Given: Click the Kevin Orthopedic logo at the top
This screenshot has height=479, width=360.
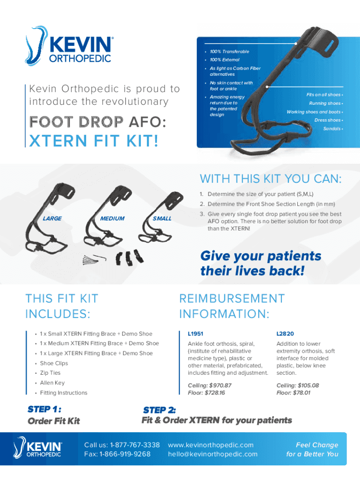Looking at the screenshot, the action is click(x=69, y=46).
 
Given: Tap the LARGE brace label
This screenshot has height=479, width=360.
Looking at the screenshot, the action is click(x=52, y=218).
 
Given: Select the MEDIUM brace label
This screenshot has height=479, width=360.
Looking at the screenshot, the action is click(x=112, y=218).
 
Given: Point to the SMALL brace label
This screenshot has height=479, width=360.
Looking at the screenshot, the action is click(x=162, y=218).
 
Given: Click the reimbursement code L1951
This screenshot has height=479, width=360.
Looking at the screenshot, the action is click(x=195, y=334).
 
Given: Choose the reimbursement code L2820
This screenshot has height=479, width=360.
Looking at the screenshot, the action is click(x=285, y=334).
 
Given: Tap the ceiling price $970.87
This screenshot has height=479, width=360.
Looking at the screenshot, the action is click(x=220, y=385).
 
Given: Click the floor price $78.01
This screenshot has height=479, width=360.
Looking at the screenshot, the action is click(x=302, y=393).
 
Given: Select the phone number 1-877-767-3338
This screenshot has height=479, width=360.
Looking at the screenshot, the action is click(x=135, y=445).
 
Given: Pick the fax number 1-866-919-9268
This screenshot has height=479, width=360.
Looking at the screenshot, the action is click(x=125, y=454).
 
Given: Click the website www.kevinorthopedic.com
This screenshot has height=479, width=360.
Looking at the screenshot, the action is click(x=211, y=445).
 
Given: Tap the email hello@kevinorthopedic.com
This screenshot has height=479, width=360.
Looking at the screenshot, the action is click(x=213, y=454).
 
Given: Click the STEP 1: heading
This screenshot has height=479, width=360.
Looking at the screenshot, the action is click(x=44, y=409).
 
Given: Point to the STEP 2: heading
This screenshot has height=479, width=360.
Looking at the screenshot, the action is click(x=159, y=410).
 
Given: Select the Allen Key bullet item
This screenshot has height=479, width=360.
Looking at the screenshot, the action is click(x=52, y=383).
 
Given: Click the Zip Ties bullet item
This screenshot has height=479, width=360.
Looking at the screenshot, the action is click(x=50, y=373).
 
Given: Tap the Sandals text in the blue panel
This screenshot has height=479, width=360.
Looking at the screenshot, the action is click(x=332, y=129).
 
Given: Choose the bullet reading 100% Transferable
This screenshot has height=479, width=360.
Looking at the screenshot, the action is click(x=229, y=51).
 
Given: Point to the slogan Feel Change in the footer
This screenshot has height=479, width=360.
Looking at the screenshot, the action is click(x=317, y=445).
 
